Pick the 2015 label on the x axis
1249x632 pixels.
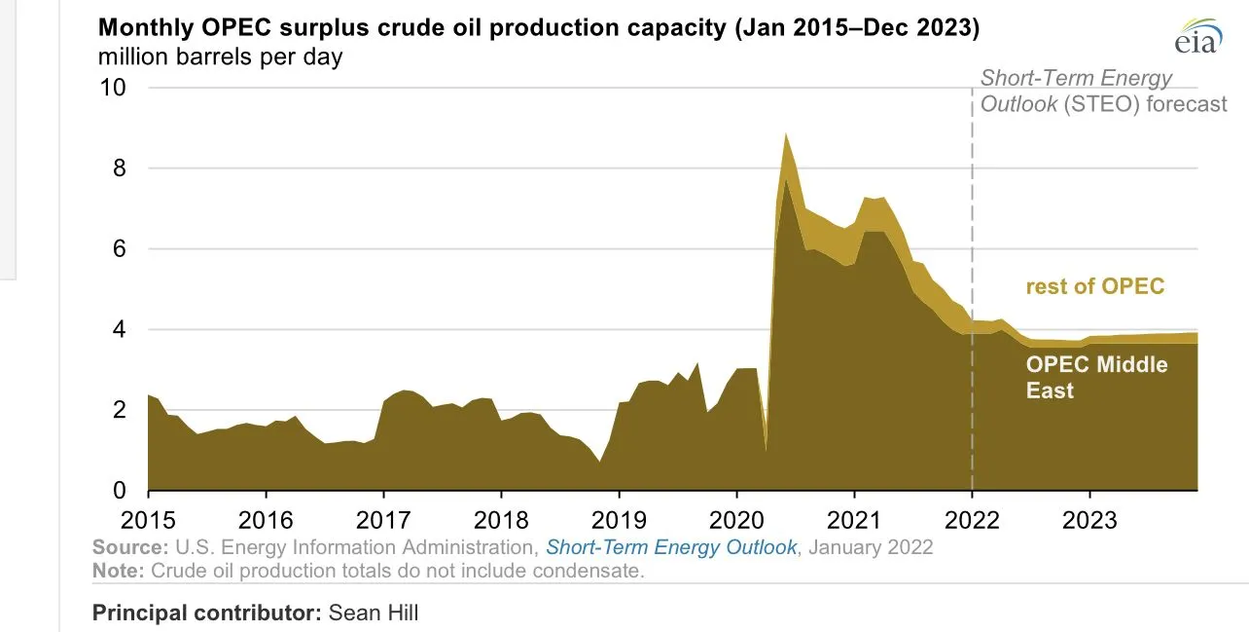(x=148, y=517)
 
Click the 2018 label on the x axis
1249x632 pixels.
(x=502, y=517)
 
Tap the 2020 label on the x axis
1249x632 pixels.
(x=736, y=517)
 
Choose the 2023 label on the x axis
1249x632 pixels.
(x=1089, y=517)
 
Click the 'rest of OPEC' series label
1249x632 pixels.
(x=1094, y=286)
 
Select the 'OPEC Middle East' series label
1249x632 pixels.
(x=1096, y=378)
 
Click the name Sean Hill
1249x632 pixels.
(x=374, y=613)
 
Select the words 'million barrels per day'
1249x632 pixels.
(x=220, y=56)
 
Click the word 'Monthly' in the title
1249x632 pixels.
(x=143, y=28)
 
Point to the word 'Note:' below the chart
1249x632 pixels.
(x=115, y=571)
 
